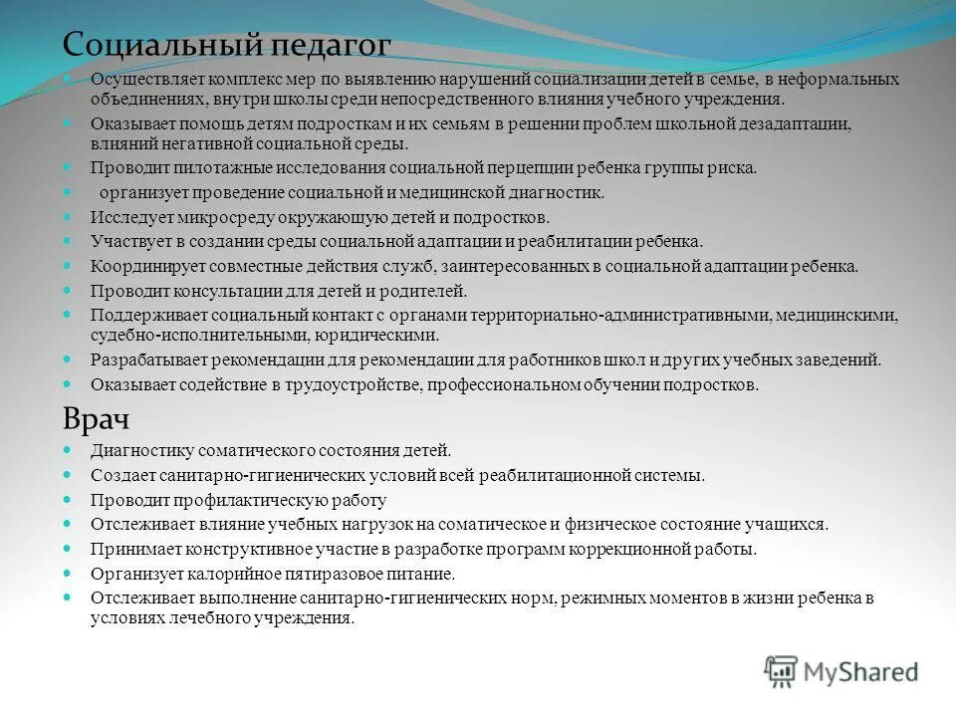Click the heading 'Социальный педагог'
pos(227,45)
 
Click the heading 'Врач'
pos(96,418)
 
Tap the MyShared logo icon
pos(781,672)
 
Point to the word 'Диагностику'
pos(133,450)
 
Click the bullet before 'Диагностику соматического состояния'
pos(67,450)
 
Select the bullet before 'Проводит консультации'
pos(67,291)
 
